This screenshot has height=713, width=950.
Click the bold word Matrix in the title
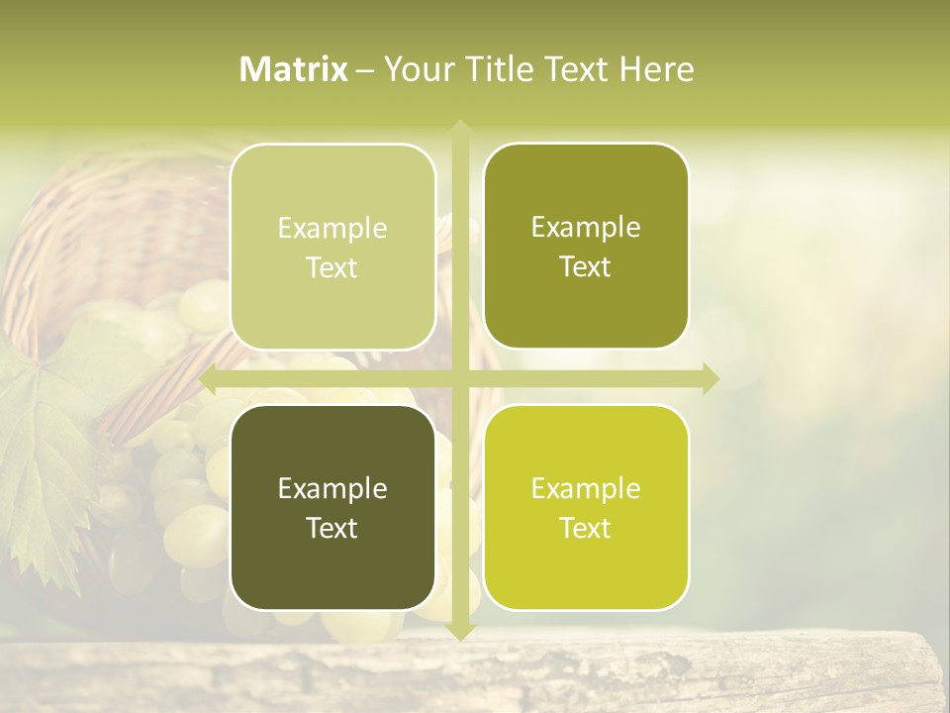(294, 69)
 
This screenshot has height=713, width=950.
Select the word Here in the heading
(656, 69)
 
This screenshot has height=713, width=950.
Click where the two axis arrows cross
(459, 379)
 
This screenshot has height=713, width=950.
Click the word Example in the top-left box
(332, 229)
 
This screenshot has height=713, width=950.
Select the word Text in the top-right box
(586, 267)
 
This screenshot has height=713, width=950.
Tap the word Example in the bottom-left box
(332, 488)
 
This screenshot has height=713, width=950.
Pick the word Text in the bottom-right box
(586, 528)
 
